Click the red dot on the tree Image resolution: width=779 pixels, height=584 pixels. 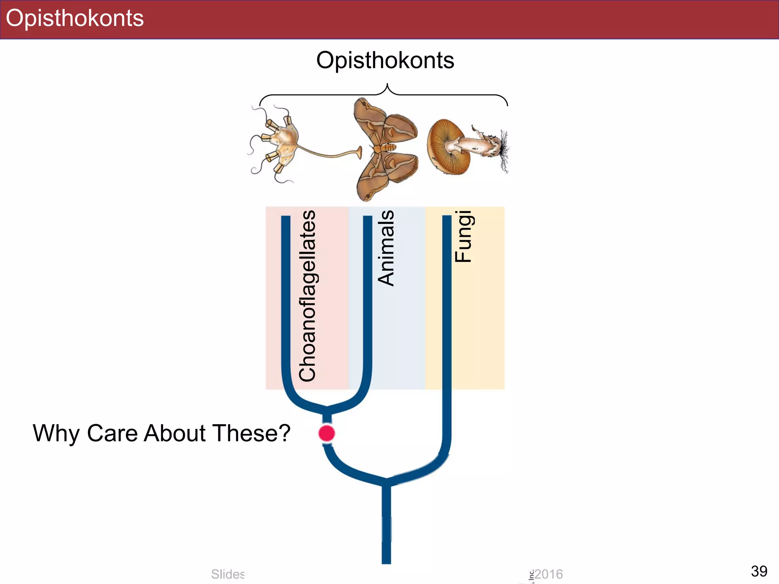click(x=326, y=433)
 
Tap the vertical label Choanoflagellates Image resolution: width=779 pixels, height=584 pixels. click(x=307, y=296)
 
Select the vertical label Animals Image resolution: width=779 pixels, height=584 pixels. click(x=386, y=248)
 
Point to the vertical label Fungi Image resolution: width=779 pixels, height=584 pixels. click(x=463, y=236)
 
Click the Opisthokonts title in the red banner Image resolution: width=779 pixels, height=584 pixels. click(x=75, y=18)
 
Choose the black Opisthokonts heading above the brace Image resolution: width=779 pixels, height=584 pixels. click(x=385, y=60)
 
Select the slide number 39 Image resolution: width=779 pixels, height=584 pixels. click(x=759, y=571)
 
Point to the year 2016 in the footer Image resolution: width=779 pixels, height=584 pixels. click(x=548, y=574)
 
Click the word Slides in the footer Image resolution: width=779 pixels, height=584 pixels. click(x=227, y=574)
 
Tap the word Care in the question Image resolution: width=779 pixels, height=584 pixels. click(x=112, y=433)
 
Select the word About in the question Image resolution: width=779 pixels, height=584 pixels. click(x=175, y=433)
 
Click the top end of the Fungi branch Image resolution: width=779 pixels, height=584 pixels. click(x=447, y=217)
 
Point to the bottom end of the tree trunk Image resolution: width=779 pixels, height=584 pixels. click(x=386, y=561)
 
